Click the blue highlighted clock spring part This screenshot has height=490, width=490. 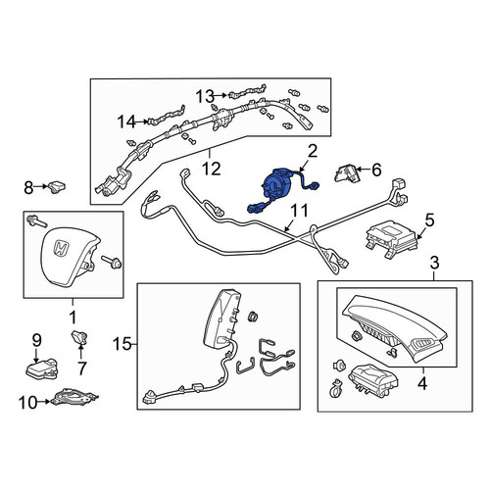click(276, 184)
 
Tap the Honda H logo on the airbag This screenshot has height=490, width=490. click(61, 248)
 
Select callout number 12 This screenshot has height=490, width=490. click(211, 170)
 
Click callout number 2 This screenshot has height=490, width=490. click(313, 152)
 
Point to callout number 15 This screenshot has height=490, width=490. click(122, 344)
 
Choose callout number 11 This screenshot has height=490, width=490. click(299, 211)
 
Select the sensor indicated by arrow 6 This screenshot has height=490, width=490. click(346, 173)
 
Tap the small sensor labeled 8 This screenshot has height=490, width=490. click(57, 187)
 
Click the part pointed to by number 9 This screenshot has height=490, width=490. click(41, 368)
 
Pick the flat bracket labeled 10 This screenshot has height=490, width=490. click(73, 396)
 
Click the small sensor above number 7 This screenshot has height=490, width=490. click(79, 337)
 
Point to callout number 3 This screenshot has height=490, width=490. click(434, 264)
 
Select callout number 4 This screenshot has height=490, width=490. click(422, 383)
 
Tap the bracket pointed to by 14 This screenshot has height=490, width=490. click(167, 117)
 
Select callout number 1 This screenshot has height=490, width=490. click(73, 318)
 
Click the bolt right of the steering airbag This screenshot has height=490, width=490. click(111, 262)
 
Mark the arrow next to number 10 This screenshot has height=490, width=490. click(44, 402)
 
